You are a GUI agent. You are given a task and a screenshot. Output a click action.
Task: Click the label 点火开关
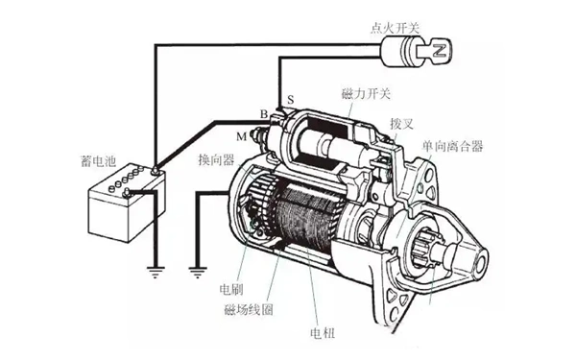click(395, 28)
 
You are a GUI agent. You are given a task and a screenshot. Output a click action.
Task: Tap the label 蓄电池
click(98, 161)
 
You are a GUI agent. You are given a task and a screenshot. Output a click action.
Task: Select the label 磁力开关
click(366, 94)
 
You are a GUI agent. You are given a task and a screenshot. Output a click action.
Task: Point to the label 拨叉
click(401, 124)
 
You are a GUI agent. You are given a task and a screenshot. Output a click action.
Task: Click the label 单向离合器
click(452, 146)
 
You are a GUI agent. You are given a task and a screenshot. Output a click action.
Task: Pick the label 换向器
click(216, 159)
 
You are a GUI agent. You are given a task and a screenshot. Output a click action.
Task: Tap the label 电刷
click(231, 289)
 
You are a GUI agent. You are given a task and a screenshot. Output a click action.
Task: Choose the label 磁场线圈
click(249, 310)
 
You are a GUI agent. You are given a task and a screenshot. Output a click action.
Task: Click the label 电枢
click(323, 333)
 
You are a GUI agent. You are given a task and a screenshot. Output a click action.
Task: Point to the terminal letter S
click(291, 100)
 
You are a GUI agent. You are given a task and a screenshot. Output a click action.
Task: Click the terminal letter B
click(263, 114)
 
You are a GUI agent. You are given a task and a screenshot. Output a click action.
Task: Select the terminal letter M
click(241, 136)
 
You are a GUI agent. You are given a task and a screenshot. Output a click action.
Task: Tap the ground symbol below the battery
click(156, 272)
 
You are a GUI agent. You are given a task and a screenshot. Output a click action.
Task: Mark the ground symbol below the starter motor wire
click(197, 272)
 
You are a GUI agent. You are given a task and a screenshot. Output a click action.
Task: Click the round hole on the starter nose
click(482, 261)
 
